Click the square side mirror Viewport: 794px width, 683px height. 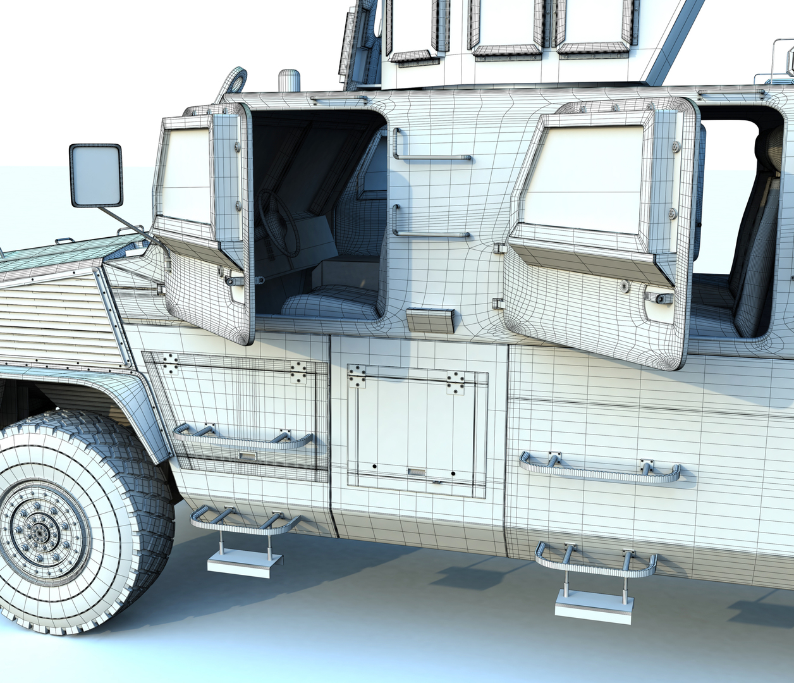click(x=95, y=175)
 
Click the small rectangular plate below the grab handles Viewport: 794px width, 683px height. click(x=431, y=321)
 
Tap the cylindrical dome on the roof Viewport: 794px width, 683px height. click(x=289, y=81)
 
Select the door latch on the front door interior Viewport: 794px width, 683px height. click(x=235, y=280)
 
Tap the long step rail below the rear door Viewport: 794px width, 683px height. click(x=601, y=469)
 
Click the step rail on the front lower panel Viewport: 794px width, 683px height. click(x=243, y=440)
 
